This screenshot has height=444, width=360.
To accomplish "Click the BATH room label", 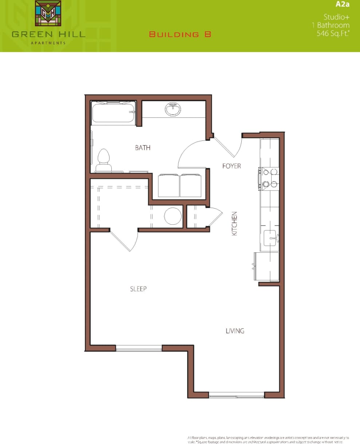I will pyautogui.click(x=143, y=148).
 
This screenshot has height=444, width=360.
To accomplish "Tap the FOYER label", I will pyautogui.click(x=232, y=166).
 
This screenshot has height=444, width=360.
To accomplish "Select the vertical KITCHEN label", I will pyautogui.click(x=234, y=223).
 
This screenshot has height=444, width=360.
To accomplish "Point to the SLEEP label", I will pyautogui.click(x=138, y=289).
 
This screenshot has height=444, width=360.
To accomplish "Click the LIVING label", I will pyautogui.click(x=235, y=331).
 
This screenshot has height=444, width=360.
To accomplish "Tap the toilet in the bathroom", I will pyautogui.click(x=104, y=160).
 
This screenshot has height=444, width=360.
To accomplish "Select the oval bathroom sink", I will pyautogui.click(x=173, y=109).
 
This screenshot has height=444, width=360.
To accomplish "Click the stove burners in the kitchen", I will pyautogui.click(x=269, y=178).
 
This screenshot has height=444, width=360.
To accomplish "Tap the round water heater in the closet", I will pyautogui.click(x=173, y=216).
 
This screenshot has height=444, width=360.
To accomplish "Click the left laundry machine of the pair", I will pyautogui.click(x=169, y=185).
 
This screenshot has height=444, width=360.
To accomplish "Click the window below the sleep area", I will pyautogui.click(x=139, y=348).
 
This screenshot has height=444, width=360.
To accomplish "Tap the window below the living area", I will pyautogui.click(x=236, y=395).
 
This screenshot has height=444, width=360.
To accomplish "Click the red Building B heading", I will pyautogui.click(x=180, y=35).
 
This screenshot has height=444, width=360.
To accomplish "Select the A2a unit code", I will pyautogui.click(x=342, y=5).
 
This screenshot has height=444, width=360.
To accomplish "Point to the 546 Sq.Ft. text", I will pyautogui.click(x=333, y=33).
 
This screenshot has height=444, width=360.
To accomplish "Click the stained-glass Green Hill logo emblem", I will pyautogui.click(x=48, y=13).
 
